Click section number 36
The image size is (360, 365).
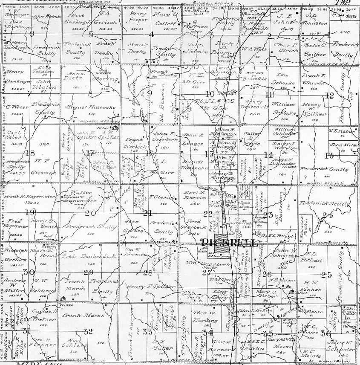[327, 334]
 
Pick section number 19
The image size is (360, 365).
[30, 212]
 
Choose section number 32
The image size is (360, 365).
[88, 331]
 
